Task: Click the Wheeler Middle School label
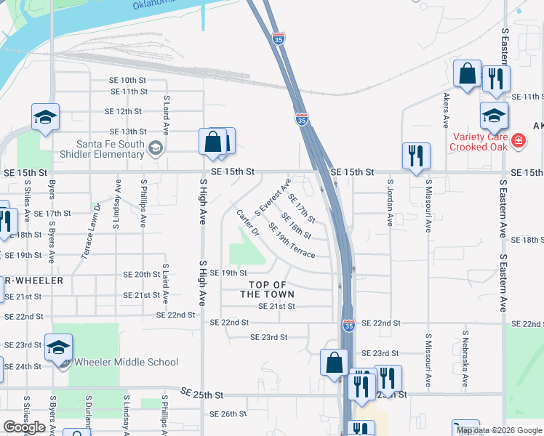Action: point(126,362)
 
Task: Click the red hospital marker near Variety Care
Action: point(519,140)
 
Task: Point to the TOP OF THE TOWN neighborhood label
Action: point(268,289)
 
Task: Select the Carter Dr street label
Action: point(248,222)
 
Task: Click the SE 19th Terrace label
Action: point(292,240)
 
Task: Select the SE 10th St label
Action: point(129,80)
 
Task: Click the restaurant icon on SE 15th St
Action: point(416,156)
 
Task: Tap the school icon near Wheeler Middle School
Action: point(58,347)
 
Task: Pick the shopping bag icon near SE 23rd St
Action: point(334,363)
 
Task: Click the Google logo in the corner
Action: point(24,427)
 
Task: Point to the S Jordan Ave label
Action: point(391,203)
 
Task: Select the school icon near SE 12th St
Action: point(45,117)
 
